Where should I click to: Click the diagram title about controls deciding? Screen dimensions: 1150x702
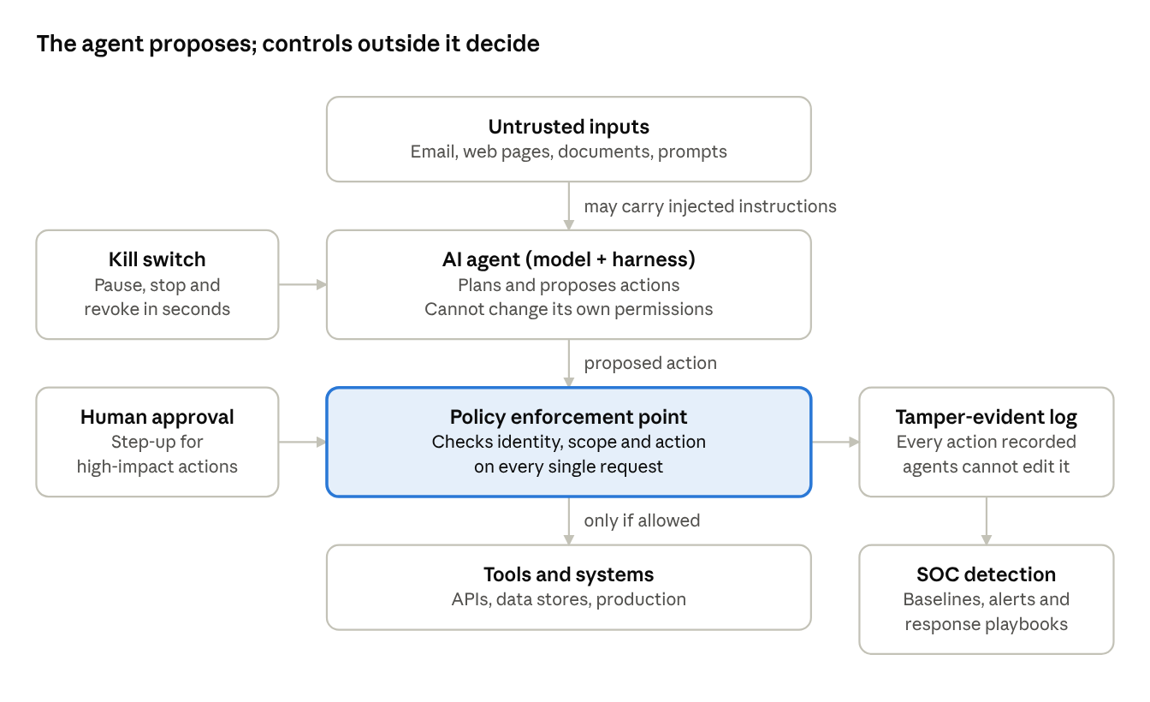(x=288, y=45)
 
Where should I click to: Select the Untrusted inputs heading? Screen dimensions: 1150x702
(x=568, y=127)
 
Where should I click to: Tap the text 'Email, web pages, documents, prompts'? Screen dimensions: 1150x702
(x=568, y=152)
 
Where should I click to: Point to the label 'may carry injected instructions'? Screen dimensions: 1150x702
(x=710, y=206)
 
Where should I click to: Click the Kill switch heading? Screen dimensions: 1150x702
(x=157, y=259)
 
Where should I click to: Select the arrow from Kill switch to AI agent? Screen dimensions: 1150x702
(x=303, y=284)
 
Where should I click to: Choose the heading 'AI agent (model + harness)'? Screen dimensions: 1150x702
(x=568, y=259)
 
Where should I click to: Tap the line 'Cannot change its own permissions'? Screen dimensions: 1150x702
(x=568, y=309)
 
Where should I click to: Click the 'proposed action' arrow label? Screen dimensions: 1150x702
(x=650, y=364)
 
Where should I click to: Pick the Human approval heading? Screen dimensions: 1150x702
(x=157, y=417)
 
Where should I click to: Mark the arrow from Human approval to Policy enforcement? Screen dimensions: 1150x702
(x=303, y=442)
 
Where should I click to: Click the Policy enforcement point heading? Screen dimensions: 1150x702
(x=568, y=417)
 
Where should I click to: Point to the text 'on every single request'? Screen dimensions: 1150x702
(x=568, y=467)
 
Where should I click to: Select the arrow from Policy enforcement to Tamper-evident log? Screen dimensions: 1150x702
(x=835, y=442)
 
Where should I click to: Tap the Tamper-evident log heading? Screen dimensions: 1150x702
(x=987, y=417)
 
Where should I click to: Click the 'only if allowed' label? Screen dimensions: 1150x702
(x=642, y=521)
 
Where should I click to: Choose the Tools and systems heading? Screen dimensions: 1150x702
(x=568, y=574)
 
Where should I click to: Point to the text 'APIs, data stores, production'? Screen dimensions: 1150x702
(x=568, y=599)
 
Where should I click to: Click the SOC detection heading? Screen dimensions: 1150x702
(x=987, y=574)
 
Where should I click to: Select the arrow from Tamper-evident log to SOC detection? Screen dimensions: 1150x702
(x=987, y=521)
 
